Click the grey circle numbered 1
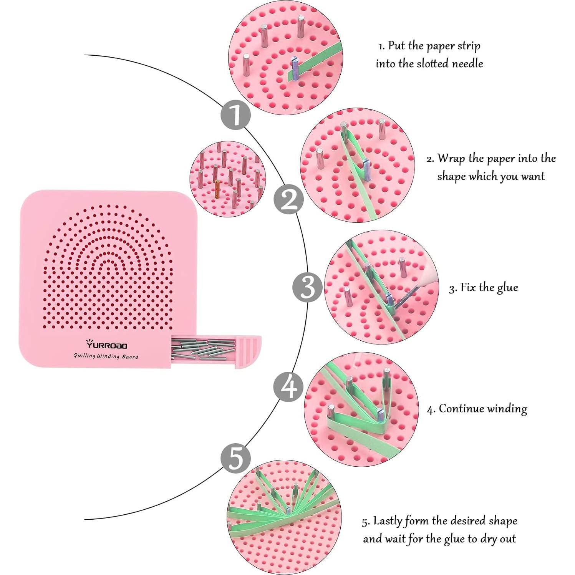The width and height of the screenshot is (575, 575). coord(235,114)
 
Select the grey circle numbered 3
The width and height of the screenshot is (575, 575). coord(307,287)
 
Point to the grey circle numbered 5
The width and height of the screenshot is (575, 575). coord(235,457)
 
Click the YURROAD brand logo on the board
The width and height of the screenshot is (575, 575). coord(106,344)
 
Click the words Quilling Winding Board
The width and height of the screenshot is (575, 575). coord(106,356)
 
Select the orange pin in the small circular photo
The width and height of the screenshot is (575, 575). coord(217,188)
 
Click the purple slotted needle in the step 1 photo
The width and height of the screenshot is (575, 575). coord(295,67)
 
